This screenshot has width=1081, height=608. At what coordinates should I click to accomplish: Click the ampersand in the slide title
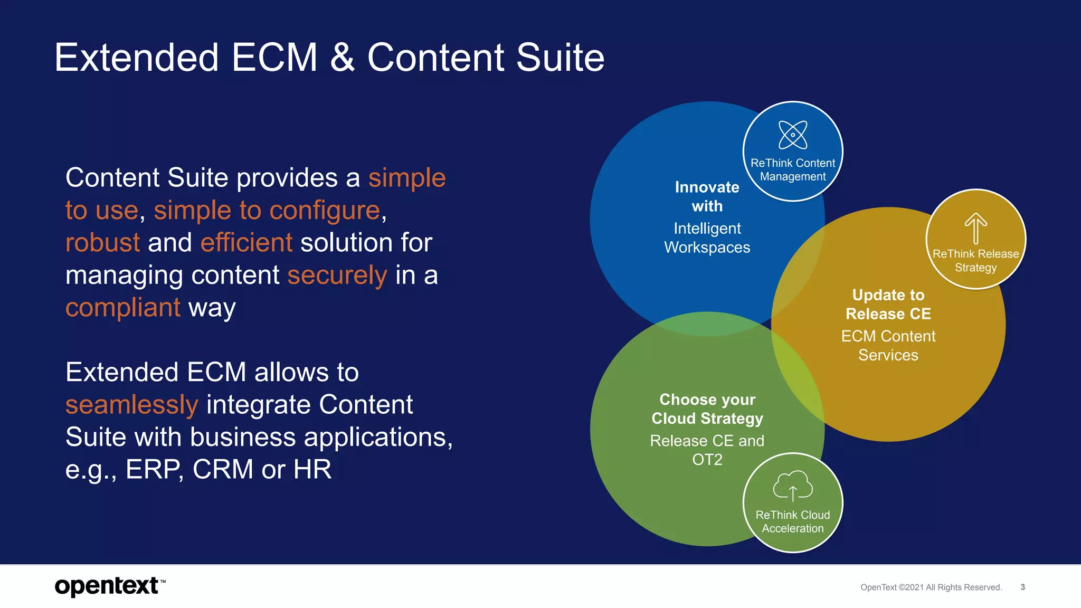coord(342,58)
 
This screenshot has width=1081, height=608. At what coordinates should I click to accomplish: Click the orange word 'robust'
coord(102,243)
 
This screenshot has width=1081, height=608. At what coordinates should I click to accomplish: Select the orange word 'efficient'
coord(246,243)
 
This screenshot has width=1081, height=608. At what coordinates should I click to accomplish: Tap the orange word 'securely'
coord(337,275)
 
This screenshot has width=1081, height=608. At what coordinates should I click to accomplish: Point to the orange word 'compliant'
coord(123,308)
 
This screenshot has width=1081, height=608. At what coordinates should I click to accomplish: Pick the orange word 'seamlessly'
coord(131,405)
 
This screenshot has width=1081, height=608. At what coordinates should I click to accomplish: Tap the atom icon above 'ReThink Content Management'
coord(793,135)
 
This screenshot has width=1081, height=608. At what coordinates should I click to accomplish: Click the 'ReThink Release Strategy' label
coord(975,261)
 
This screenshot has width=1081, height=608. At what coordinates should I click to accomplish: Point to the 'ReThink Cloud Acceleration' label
coord(793,521)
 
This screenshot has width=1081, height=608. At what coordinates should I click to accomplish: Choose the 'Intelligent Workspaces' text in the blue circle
coord(707,238)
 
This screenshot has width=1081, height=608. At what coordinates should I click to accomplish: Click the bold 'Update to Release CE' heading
coord(888,305)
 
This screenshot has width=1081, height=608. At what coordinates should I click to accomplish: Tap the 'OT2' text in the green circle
coord(707,460)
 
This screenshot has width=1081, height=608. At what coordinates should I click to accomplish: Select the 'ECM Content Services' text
coord(888,346)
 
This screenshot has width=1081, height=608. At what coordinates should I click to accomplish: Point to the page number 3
coord(1022,587)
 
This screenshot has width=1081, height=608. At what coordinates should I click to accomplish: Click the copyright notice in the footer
coord(931,587)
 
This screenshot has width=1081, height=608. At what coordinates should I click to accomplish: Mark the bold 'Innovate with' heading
coord(707,196)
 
